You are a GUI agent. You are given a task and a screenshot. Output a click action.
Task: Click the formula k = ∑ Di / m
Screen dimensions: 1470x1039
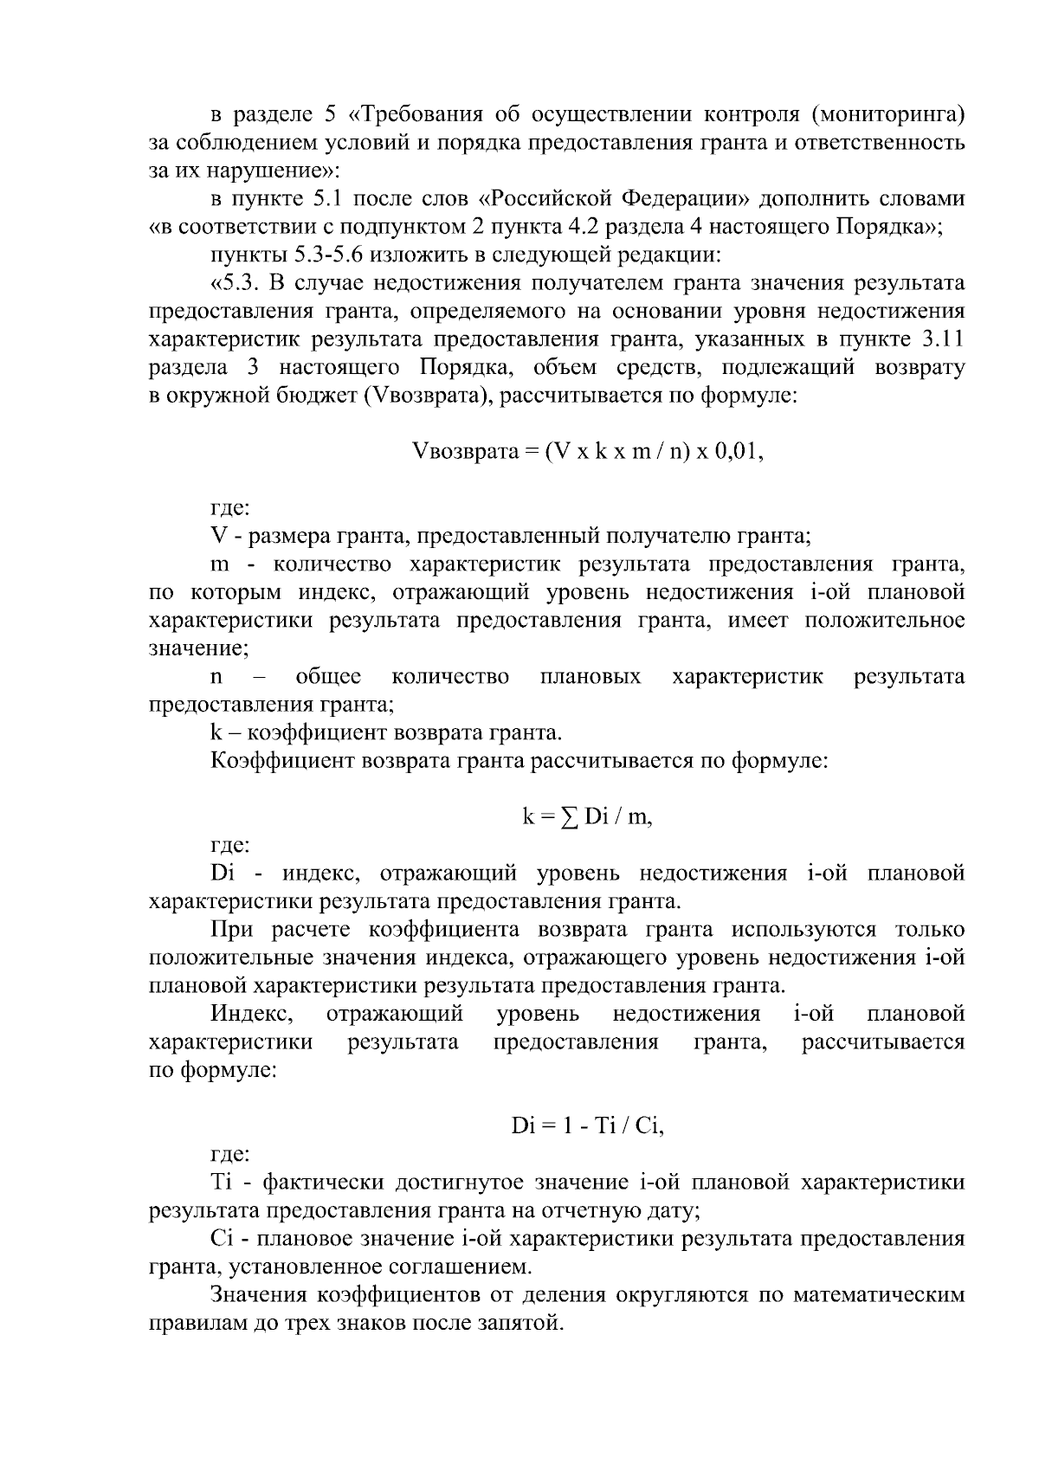[x=587, y=816]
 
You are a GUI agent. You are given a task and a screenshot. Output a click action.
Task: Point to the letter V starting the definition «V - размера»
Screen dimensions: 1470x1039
[x=217, y=536]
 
